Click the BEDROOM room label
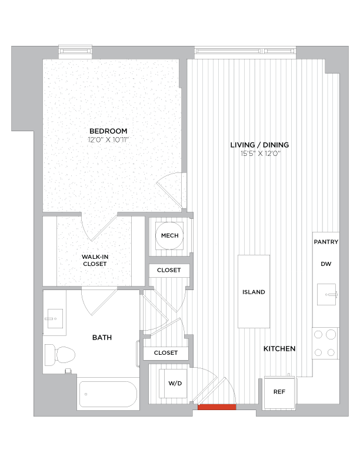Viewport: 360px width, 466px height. [x=108, y=131]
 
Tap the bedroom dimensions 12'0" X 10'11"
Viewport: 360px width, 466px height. [x=108, y=140]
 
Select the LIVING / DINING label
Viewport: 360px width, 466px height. [x=259, y=145]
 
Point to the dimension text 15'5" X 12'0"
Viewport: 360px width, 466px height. [x=259, y=154]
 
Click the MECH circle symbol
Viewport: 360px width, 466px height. [x=169, y=235]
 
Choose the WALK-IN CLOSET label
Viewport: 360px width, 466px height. [x=95, y=260]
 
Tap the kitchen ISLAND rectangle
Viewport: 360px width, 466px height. [x=254, y=291]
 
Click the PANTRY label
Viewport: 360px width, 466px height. [x=326, y=242]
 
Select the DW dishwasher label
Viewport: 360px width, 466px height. [x=326, y=264]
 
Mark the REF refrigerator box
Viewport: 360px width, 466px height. [x=280, y=391]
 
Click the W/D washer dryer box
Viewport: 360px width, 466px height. [x=175, y=383]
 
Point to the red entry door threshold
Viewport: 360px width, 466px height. [x=216, y=407]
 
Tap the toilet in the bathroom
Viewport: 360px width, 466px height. [x=59, y=354]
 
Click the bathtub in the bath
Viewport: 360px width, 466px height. [x=108, y=394]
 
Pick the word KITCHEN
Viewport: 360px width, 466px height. [x=279, y=349]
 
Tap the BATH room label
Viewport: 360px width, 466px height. [x=102, y=338]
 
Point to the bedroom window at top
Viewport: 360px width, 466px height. [x=75, y=52]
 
